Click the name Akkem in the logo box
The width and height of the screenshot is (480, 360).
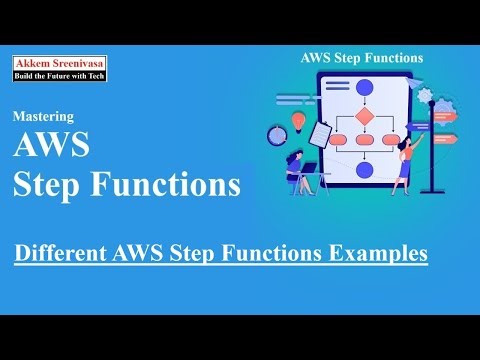pos(33,62)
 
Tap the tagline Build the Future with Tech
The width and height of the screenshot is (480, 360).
pos(60,75)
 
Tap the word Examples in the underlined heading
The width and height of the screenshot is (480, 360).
pos(379,253)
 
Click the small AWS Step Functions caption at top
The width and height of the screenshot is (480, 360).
pos(362,58)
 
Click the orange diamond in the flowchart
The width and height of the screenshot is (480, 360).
pos(364,116)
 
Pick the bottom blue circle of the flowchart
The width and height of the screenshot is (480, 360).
pos(364,170)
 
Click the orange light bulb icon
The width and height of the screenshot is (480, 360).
pos(297,120)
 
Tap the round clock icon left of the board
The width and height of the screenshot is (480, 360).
pos(277,135)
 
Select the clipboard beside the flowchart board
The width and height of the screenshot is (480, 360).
pos(319,131)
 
